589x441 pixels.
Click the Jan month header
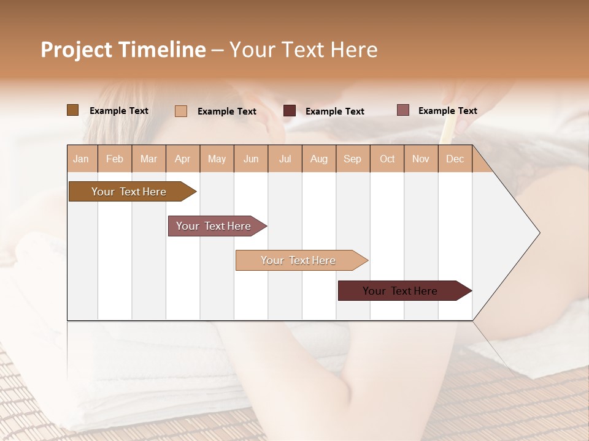(x=82, y=159)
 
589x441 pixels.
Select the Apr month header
(x=183, y=159)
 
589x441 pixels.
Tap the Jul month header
(x=285, y=159)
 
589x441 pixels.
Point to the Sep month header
(x=353, y=159)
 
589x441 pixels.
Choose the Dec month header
(x=455, y=159)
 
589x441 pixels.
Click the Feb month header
(x=115, y=159)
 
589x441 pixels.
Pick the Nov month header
(x=421, y=159)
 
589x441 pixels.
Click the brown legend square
(x=72, y=110)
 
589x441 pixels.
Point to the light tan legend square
(x=181, y=111)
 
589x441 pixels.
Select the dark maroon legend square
(x=290, y=111)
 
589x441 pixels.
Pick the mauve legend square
(x=402, y=110)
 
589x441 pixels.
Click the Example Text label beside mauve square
(x=447, y=111)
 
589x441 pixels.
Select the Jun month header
(x=251, y=159)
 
